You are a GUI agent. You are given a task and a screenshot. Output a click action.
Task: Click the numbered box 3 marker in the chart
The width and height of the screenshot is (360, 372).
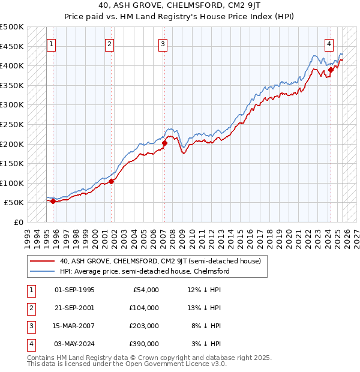[x=163, y=43]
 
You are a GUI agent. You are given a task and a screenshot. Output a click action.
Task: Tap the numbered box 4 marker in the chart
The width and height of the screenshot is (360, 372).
[x=330, y=43]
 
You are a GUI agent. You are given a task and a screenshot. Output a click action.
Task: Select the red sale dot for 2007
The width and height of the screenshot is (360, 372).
[x=164, y=143]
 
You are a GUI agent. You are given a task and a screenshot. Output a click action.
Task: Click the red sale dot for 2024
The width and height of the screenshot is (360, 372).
[x=331, y=70]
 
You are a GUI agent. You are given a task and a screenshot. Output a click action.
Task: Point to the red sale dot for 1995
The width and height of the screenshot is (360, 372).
[x=53, y=201]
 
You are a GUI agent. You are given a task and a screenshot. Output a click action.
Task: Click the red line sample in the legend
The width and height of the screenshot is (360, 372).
[x=43, y=261]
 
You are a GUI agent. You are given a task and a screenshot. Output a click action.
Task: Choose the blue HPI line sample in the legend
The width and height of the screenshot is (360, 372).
[x=43, y=271]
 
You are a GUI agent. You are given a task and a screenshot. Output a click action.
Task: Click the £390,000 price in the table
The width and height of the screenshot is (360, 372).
[x=144, y=344]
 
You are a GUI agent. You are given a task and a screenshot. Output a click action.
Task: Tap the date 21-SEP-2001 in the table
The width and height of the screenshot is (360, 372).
[x=74, y=308]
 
